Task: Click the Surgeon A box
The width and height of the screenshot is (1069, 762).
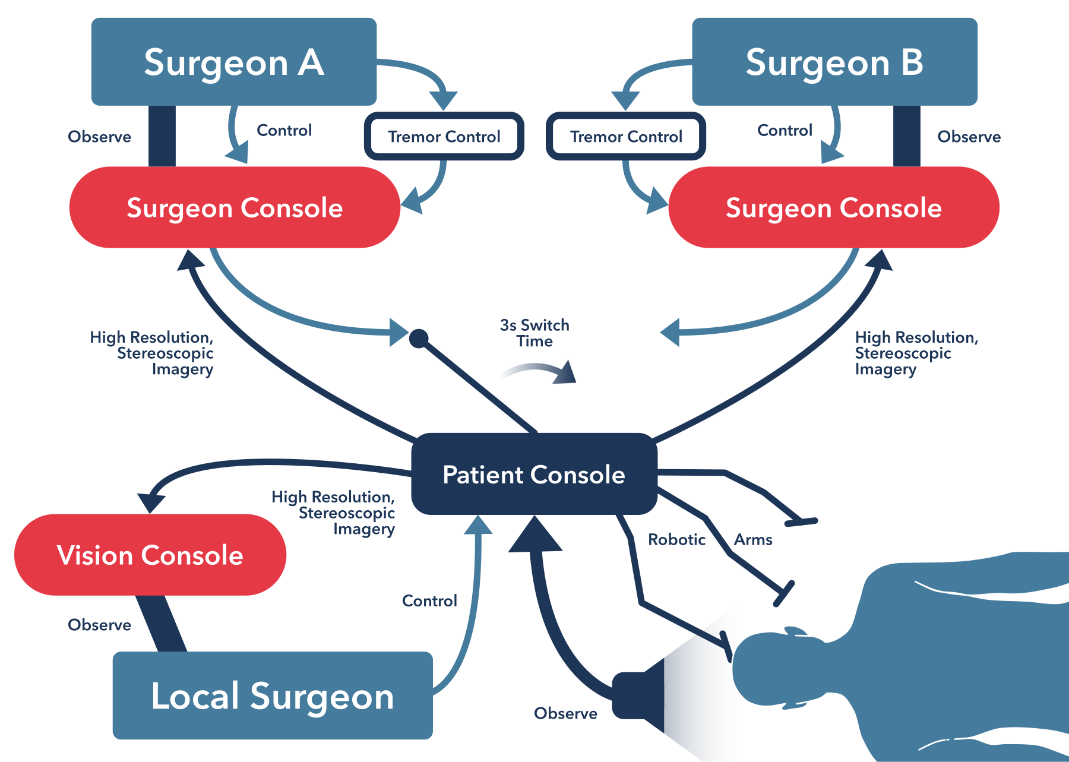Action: pos(233,62)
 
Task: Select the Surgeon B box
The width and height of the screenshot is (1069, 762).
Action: pos(834,62)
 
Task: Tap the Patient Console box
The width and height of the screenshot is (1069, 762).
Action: pos(534,475)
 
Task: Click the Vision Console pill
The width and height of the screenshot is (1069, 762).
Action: pos(150,555)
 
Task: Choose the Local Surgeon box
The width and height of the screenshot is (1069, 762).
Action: pos(273,695)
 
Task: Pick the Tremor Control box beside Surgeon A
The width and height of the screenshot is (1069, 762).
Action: pos(444,137)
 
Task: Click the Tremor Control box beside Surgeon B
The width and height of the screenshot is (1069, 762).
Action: pos(626,137)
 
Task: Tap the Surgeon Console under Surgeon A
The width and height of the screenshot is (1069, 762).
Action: pos(235,208)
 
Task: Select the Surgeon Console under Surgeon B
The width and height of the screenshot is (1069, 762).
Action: pos(834,208)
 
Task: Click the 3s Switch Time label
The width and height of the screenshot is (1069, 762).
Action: pos(534,333)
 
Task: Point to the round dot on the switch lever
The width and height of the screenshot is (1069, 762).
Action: pos(419,339)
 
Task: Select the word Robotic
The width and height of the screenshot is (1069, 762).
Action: pos(676,540)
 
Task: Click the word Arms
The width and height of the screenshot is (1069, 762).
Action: pos(753,540)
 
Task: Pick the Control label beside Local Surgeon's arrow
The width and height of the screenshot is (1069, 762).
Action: pos(429,601)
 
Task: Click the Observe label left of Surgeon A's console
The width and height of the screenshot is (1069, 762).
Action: pos(99,137)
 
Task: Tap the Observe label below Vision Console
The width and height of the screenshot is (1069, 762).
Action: pos(99,625)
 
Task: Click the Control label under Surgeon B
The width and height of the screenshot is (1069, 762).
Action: pos(785,131)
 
